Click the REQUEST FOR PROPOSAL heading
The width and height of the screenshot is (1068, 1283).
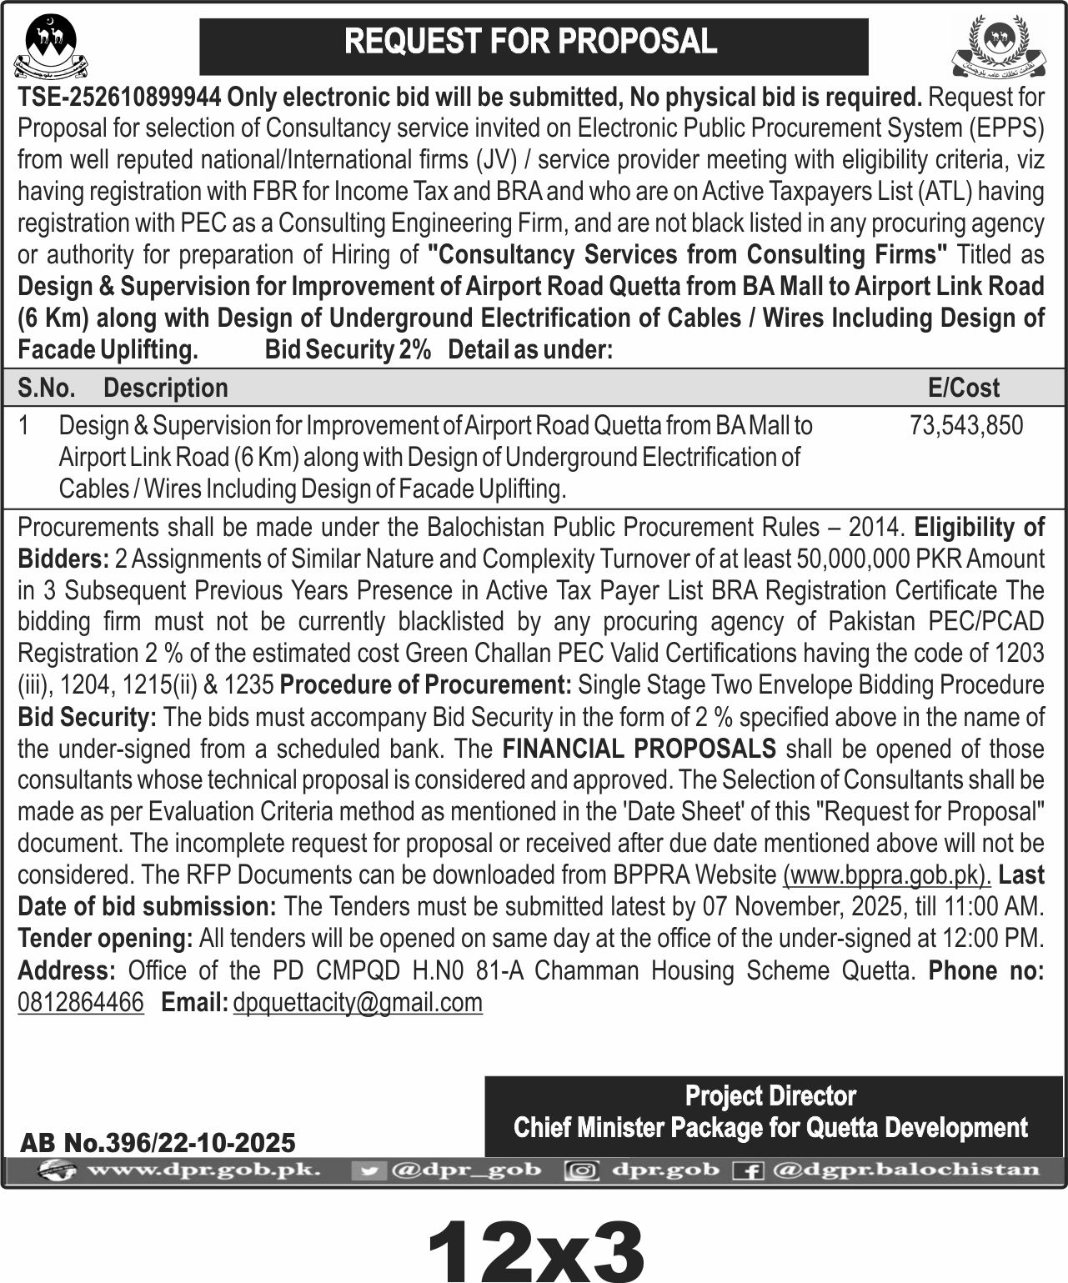click(531, 42)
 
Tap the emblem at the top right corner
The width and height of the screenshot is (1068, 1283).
click(998, 46)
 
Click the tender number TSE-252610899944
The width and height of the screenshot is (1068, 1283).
click(119, 98)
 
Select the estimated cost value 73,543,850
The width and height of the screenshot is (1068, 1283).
click(966, 425)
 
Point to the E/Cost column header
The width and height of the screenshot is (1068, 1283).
click(963, 387)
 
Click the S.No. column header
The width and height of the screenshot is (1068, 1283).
click(47, 387)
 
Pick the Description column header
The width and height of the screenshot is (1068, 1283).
click(165, 387)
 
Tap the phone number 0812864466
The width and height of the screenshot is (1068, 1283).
click(81, 1001)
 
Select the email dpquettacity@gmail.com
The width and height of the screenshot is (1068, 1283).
click(358, 1001)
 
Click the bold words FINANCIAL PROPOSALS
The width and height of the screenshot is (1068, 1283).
click(639, 748)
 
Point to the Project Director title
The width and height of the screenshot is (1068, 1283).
click(770, 1095)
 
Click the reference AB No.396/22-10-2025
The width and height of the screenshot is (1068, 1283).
click(158, 1141)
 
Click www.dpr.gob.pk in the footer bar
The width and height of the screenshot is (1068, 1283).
click(203, 1170)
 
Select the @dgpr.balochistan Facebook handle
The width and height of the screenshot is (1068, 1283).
click(905, 1170)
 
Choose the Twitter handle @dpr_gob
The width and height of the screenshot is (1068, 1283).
click(465, 1170)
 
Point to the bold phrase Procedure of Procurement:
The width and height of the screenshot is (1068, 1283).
click(425, 684)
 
